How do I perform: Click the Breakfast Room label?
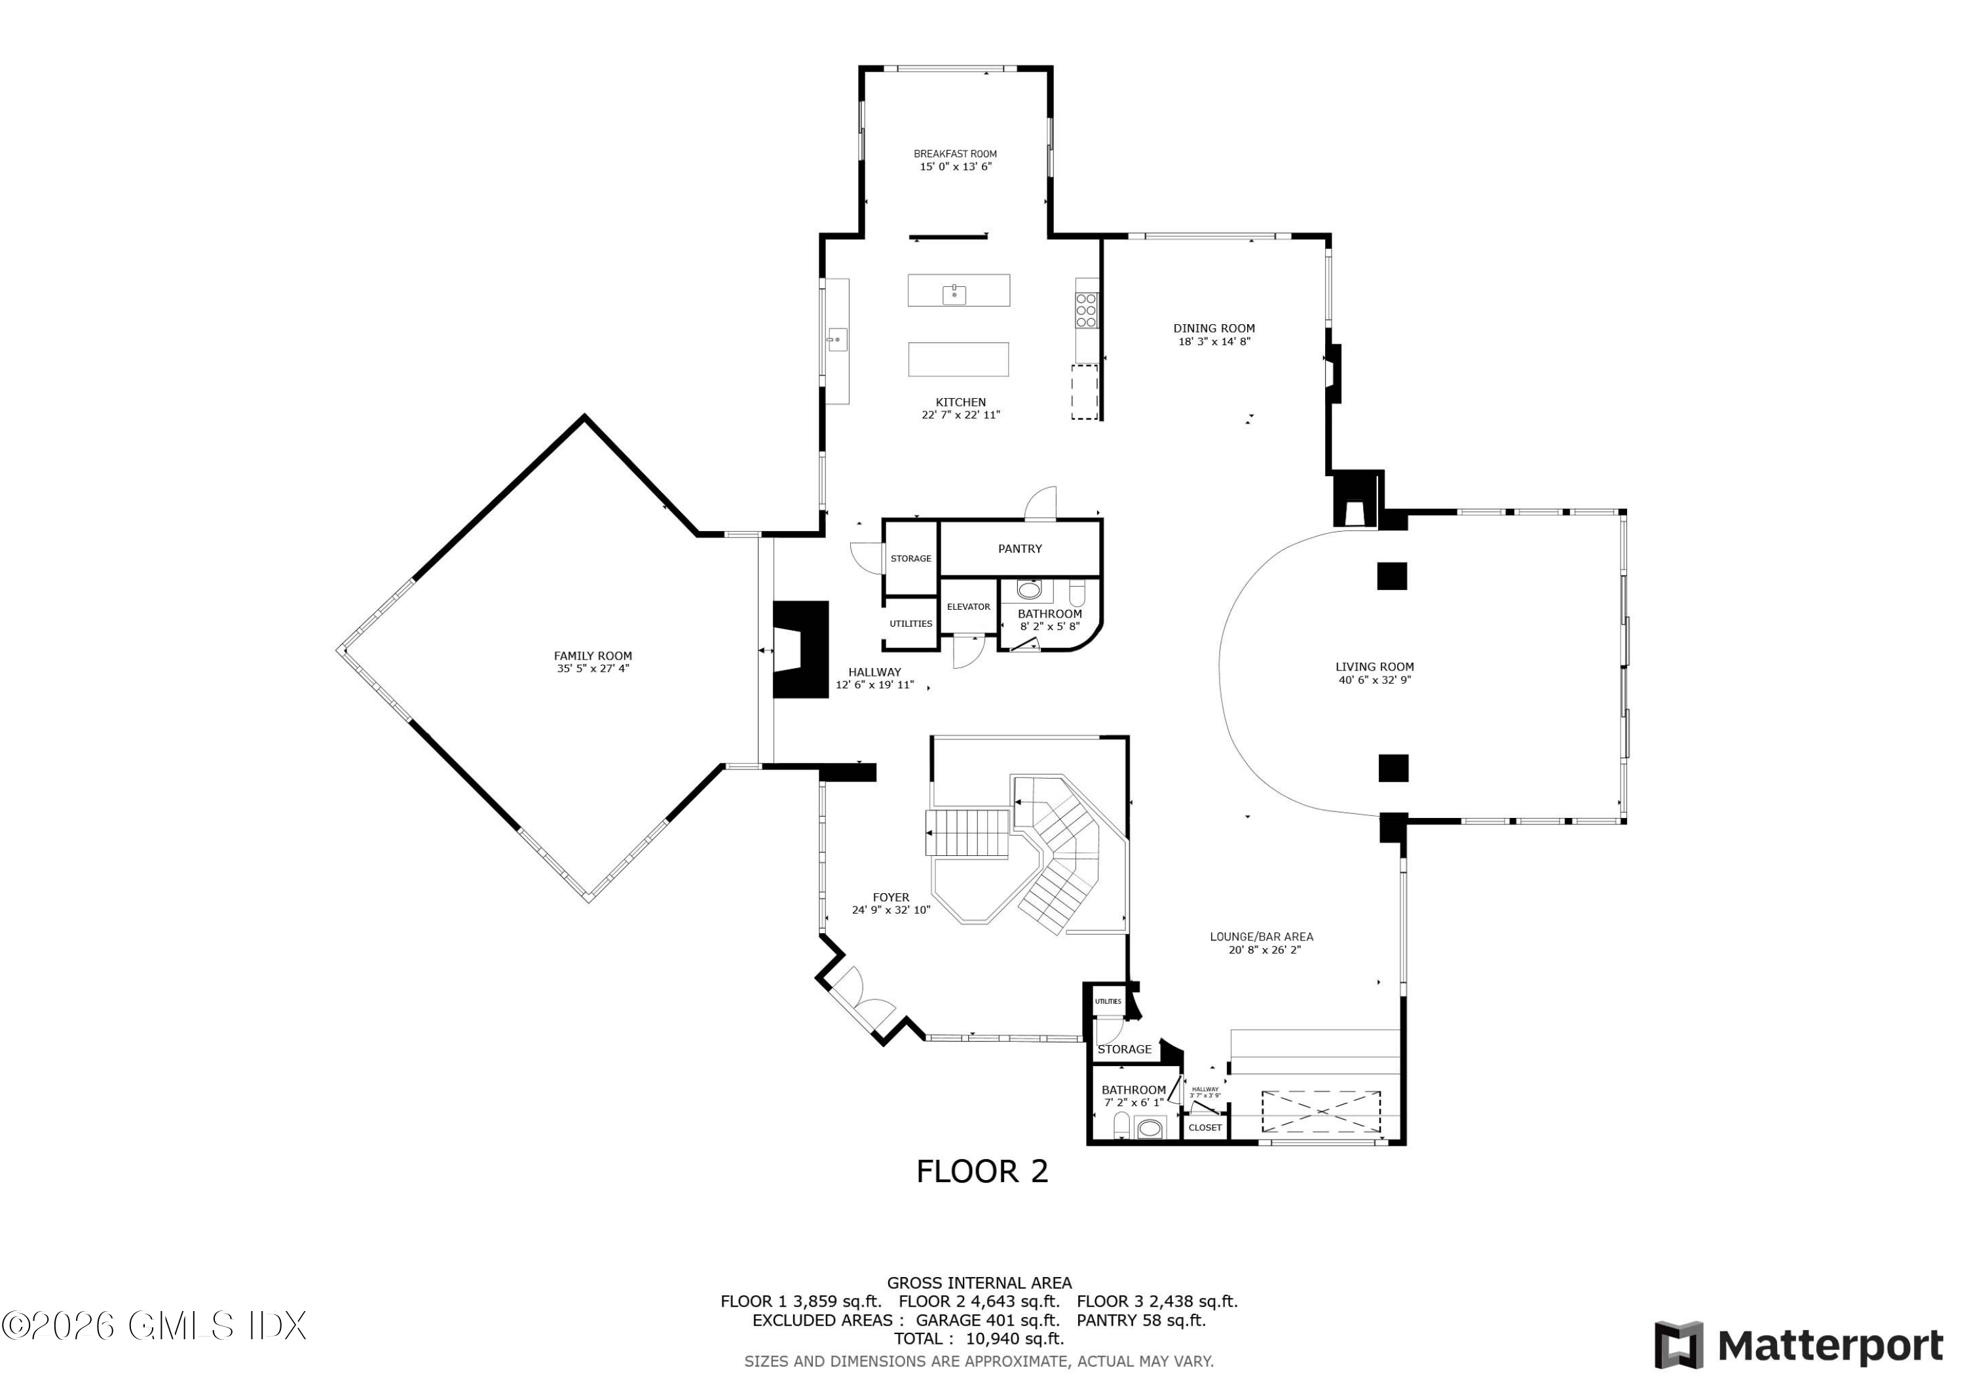pos(955,154)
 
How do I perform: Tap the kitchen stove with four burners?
pos(1086,310)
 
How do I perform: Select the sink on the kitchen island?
pos(954,295)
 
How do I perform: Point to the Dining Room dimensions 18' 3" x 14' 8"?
pos(1214,341)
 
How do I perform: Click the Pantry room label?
pos(1019,549)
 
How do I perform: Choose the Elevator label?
pos(968,607)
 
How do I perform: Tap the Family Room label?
pos(592,656)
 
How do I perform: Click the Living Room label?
pos(1374,667)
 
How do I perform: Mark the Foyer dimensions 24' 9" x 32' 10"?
pos(890,910)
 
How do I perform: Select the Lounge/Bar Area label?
pos(1261,936)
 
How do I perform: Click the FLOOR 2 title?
pos(982,1171)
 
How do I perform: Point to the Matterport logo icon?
pos(1677,1344)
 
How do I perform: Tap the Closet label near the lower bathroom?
pos(1205,1127)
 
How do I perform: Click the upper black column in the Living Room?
pos(1392,576)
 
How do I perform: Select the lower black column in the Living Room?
pos(1393,768)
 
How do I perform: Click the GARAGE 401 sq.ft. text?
pos(988,1320)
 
